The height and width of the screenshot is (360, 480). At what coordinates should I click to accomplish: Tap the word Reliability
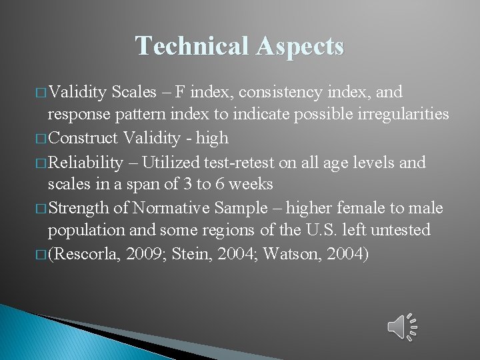[86, 162]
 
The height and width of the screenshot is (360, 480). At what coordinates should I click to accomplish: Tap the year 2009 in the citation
[143, 254]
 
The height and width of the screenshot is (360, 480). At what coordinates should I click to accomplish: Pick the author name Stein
[193, 254]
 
